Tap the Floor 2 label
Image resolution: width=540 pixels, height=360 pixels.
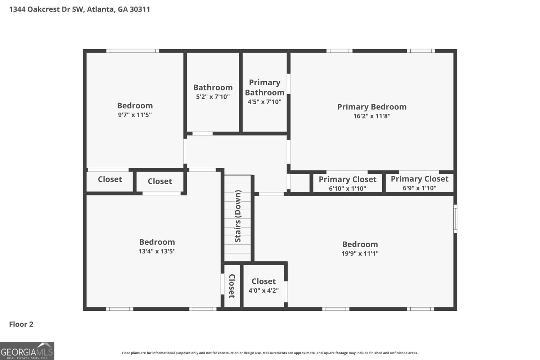tap(21, 324)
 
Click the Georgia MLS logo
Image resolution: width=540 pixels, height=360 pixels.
tap(27, 351)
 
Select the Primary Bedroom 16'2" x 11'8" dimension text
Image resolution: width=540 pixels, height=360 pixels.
tap(372, 116)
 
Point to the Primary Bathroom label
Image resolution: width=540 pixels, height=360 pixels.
tap(265, 87)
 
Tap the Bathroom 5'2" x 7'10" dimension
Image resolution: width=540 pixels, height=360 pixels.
tap(213, 97)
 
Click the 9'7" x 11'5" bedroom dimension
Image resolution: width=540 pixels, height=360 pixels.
tap(135, 115)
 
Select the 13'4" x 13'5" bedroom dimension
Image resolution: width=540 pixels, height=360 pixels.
tap(157, 251)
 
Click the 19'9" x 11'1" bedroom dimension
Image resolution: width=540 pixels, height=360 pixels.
tap(360, 253)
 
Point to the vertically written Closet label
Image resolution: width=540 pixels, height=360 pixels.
tap(232, 286)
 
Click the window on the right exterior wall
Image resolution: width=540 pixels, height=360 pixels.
tap(455, 219)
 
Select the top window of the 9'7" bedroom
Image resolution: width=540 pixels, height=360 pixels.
tap(133, 51)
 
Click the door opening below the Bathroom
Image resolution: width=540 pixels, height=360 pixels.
tap(202, 134)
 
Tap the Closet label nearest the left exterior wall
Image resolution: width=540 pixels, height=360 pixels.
tap(110, 179)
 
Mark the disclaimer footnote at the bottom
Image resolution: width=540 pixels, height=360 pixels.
tap(270, 353)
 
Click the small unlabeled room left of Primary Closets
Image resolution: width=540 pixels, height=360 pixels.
tap(300, 183)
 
